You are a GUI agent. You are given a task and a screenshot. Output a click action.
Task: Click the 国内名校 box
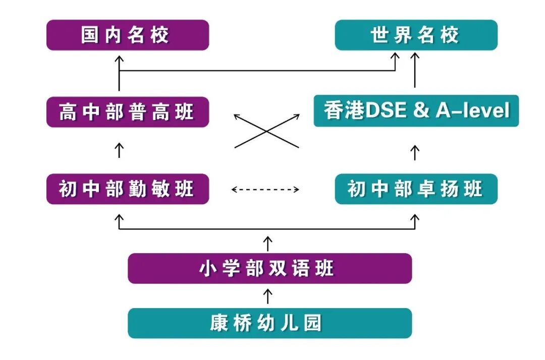tap(128, 35)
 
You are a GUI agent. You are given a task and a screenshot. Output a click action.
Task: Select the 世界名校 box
tap(416, 35)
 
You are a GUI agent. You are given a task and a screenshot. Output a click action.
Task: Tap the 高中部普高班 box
tap(128, 112)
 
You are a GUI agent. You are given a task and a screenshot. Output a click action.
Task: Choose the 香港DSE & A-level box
tap(416, 111)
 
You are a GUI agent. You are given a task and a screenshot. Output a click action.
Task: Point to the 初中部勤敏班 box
tap(128, 189)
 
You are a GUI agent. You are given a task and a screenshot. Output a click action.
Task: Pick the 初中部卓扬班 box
tap(416, 189)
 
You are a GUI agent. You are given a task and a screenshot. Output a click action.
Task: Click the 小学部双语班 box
tap(269, 268)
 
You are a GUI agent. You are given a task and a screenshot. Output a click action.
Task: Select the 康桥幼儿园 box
tap(269, 323)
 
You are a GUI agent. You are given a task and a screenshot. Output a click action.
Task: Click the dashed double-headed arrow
tap(265, 190)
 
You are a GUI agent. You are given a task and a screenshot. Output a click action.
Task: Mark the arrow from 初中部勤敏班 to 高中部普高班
tap(119, 150)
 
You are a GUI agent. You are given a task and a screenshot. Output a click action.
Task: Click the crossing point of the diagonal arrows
tap(267, 131)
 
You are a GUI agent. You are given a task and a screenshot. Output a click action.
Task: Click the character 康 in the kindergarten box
tap(218, 323)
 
